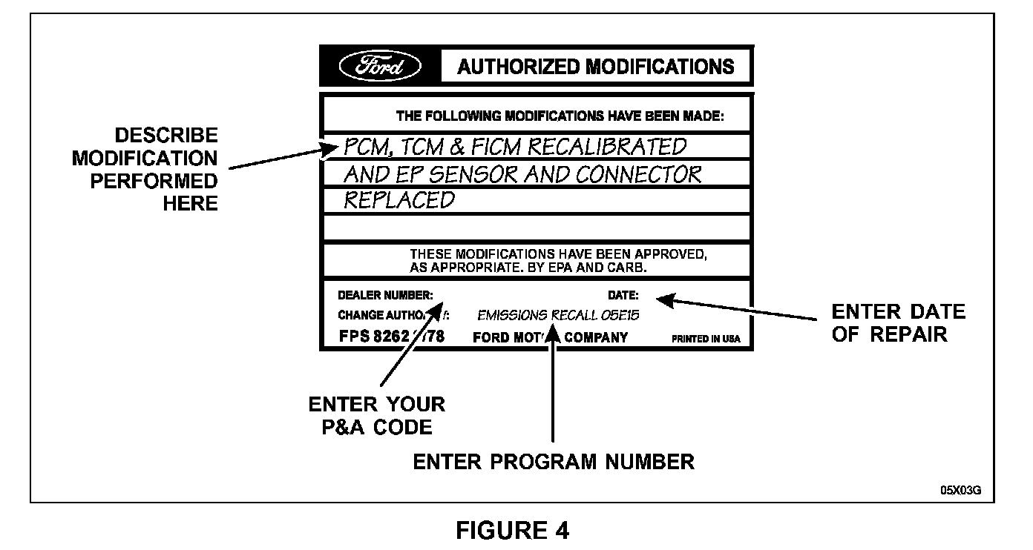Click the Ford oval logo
[x=380, y=67]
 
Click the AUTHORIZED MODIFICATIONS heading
[x=596, y=67]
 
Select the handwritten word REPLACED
[x=399, y=200]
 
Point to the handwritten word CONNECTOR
[x=639, y=174]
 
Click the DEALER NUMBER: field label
[x=385, y=294]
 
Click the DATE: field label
[x=623, y=294]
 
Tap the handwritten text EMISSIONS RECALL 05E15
[x=558, y=315]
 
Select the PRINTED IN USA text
[x=706, y=339]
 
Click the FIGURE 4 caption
[x=513, y=531]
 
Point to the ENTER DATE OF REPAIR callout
[x=898, y=322]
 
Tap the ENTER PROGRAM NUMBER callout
[x=554, y=462]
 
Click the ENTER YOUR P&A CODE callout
[x=376, y=416]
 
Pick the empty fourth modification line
[x=537, y=228]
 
